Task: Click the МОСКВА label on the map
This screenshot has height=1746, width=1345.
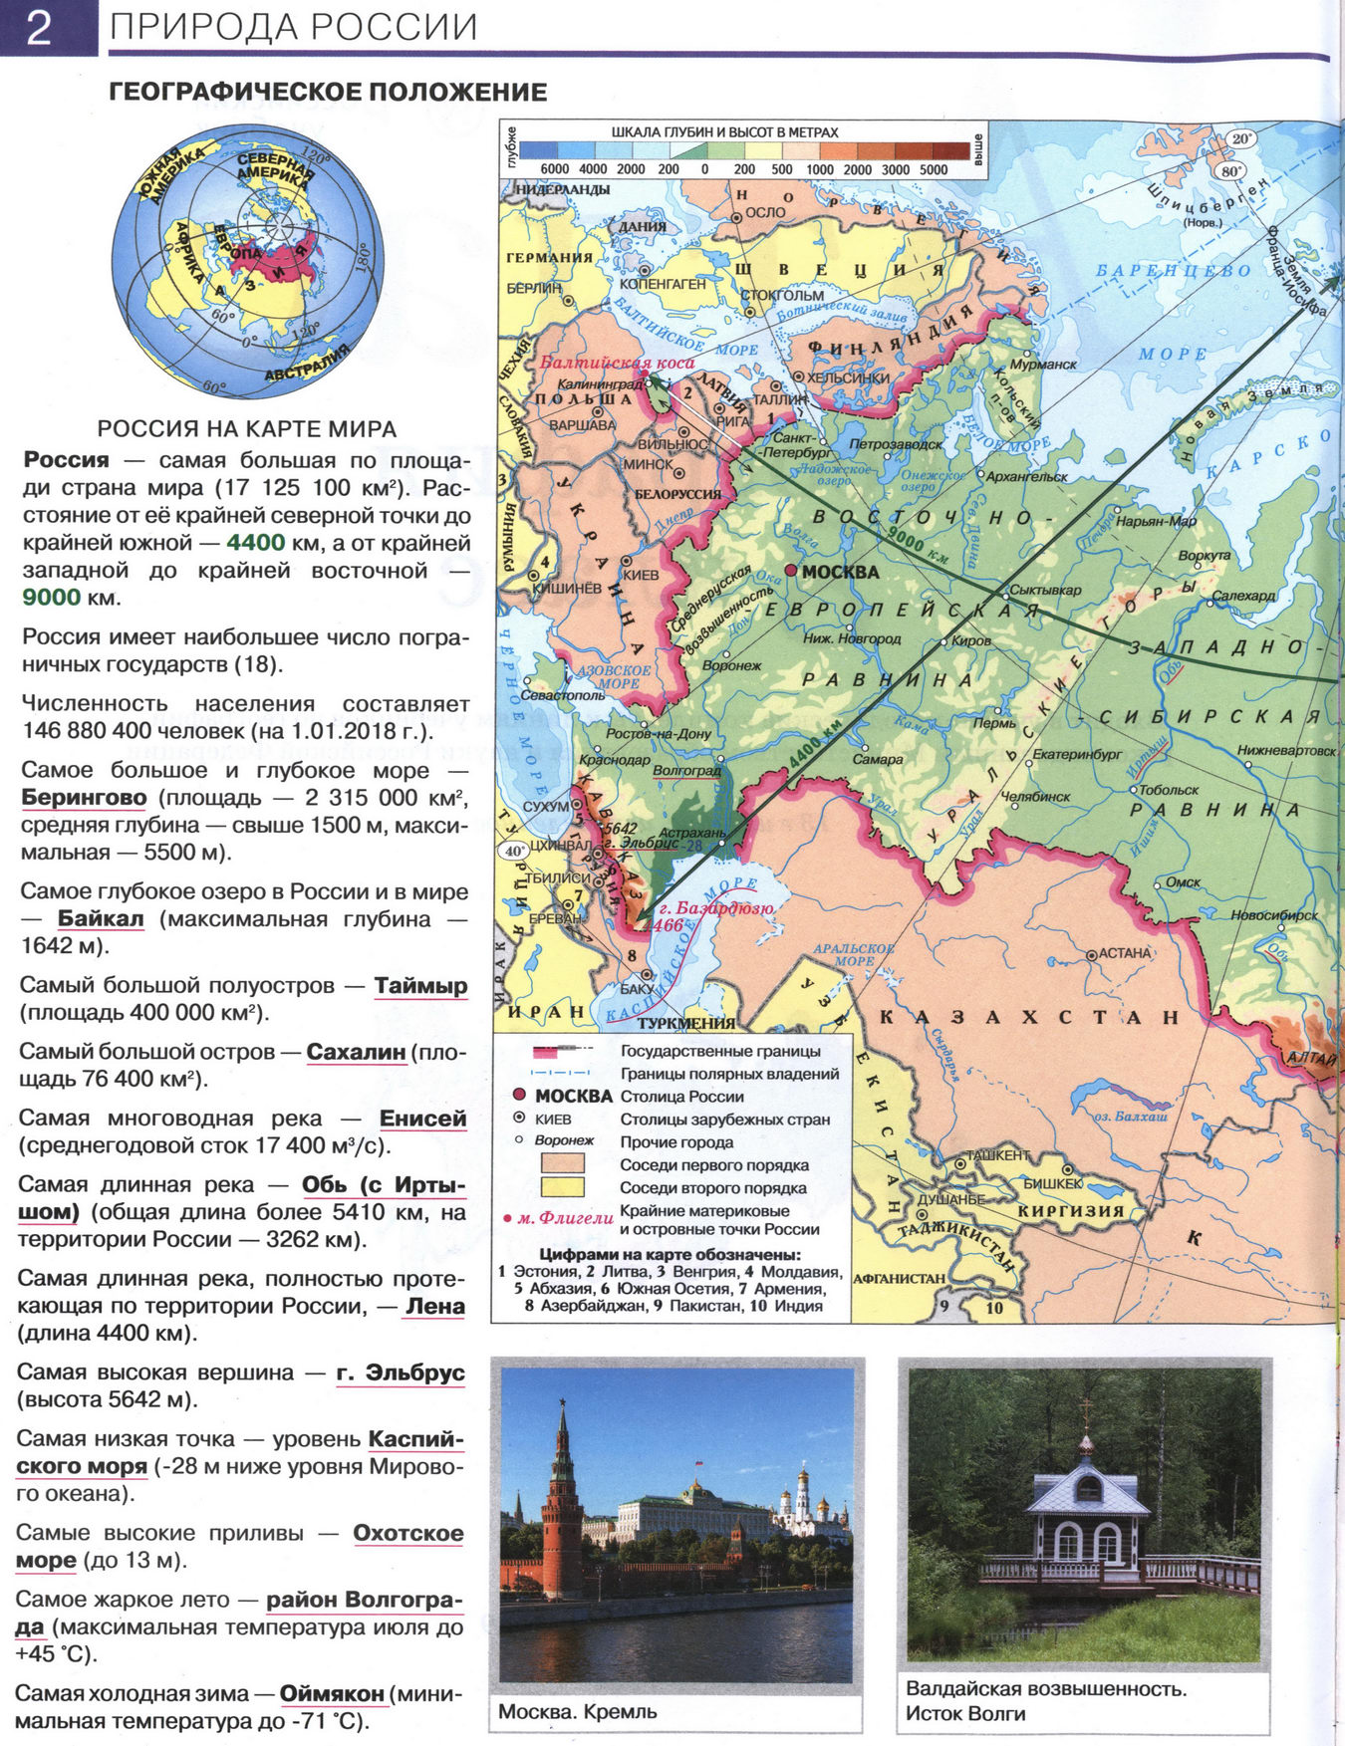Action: click(840, 572)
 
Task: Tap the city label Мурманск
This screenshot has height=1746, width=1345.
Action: click(1043, 365)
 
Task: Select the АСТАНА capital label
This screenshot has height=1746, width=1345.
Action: click(1125, 953)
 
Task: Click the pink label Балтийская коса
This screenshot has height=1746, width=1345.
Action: click(617, 363)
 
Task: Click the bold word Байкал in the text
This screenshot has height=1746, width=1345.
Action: click(101, 918)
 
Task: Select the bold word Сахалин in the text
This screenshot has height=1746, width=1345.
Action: click(356, 1052)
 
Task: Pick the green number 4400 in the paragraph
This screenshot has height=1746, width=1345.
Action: click(255, 543)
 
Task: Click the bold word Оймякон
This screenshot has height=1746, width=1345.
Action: click(332, 1693)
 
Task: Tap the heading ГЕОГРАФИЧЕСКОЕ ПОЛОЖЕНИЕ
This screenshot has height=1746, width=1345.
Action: click(328, 93)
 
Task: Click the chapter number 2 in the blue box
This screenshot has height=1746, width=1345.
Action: click(39, 28)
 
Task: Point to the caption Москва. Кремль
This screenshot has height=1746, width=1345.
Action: click(578, 1711)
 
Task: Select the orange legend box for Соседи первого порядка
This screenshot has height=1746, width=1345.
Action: click(562, 1164)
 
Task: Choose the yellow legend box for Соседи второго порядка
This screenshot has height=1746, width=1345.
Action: click(562, 1187)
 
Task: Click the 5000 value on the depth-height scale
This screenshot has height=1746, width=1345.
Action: click(933, 169)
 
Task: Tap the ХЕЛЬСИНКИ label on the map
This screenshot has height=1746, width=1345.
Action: click(848, 378)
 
